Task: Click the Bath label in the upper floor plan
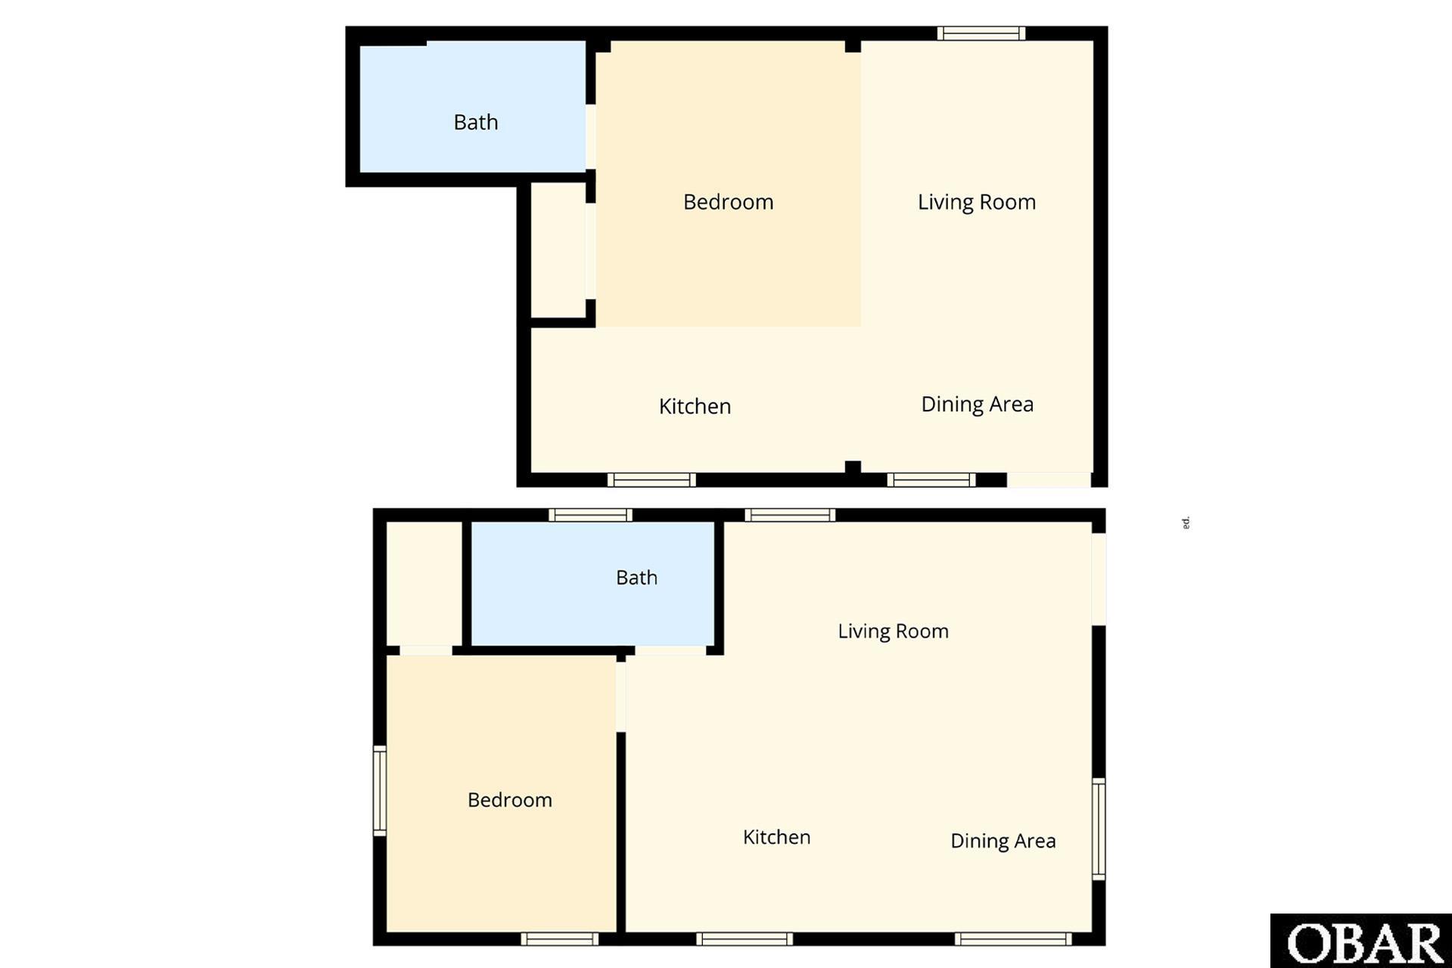tap(476, 122)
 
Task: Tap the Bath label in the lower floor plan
tap(636, 578)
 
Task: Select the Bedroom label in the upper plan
tap(728, 202)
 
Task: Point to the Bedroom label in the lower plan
tap(509, 800)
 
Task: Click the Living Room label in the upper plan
tap(976, 202)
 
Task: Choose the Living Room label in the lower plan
tap(893, 631)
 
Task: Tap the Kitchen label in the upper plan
tap(695, 406)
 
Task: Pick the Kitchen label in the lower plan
tap(776, 837)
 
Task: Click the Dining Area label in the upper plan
tap(977, 404)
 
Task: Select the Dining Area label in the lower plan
tap(1003, 841)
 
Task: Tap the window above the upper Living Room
tap(981, 33)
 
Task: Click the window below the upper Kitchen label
tap(651, 479)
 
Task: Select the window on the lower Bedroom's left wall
tap(380, 790)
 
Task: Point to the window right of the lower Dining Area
tap(1099, 829)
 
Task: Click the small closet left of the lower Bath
tap(424, 582)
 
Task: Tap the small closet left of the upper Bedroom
tap(558, 250)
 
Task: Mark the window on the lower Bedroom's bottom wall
tap(559, 939)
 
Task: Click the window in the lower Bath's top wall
tap(590, 515)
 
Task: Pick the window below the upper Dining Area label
tap(931, 479)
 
